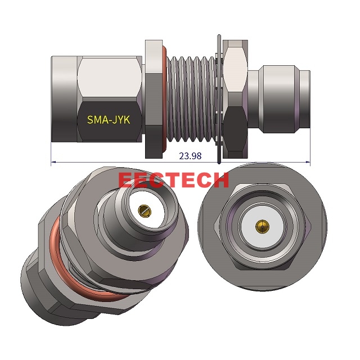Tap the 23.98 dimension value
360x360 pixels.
pyautogui.click(x=190, y=156)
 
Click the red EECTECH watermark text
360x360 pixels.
pyautogui.click(x=174, y=180)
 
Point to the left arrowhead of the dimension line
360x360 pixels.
pyautogui.click(x=53, y=163)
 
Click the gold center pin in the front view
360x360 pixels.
pyautogui.click(x=260, y=226)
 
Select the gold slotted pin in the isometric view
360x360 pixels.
pyautogui.click(x=143, y=211)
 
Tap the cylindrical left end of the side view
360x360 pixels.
pyautogui.click(x=65, y=98)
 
